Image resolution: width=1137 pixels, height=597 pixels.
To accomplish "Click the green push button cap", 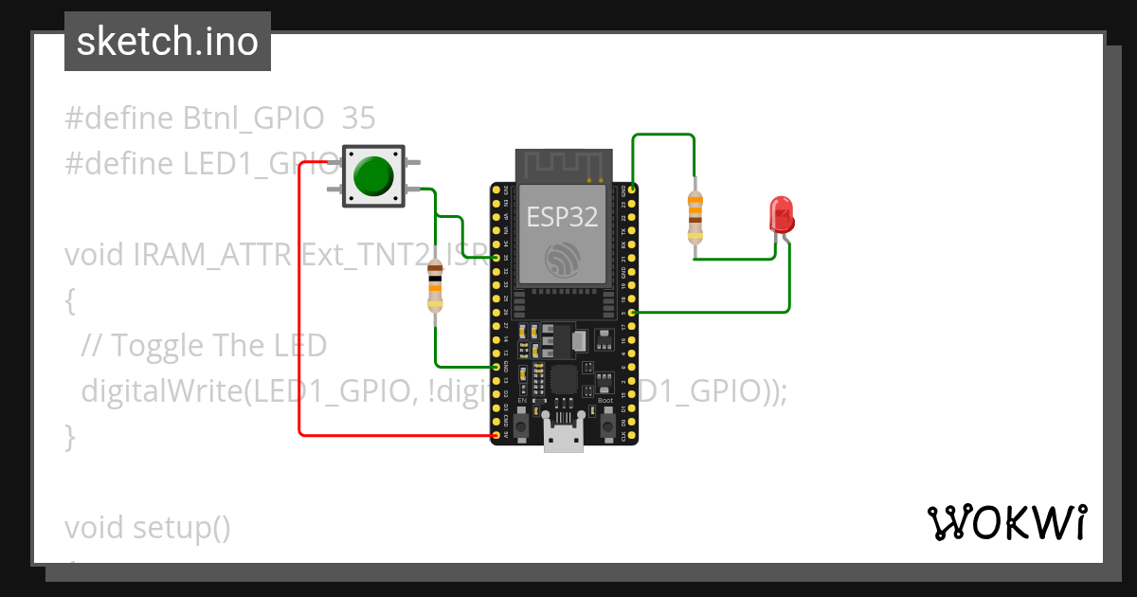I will click(372, 175).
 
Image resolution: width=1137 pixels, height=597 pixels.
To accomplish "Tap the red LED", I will click(782, 215).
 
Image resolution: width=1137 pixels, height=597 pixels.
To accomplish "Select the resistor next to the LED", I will click(695, 216).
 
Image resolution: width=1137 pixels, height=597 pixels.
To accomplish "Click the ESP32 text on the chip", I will click(562, 217).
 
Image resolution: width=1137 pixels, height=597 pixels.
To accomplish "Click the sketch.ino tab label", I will click(168, 42).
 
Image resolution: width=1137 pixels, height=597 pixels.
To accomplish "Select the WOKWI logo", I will click(1006, 522).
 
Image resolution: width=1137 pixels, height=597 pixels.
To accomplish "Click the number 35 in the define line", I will click(358, 118).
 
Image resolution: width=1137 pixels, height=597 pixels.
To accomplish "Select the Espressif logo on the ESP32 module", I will click(562, 259).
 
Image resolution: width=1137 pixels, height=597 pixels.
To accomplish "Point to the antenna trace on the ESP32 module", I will click(561, 163).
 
